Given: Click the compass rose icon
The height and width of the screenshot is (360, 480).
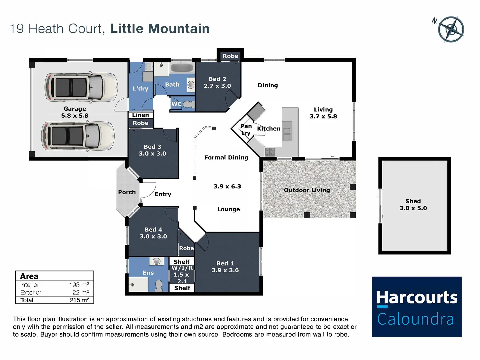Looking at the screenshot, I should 451,29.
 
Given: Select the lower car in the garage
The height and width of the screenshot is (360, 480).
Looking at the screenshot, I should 78,136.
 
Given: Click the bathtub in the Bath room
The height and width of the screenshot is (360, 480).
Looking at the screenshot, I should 182,68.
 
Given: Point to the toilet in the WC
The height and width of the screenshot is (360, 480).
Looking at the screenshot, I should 189,104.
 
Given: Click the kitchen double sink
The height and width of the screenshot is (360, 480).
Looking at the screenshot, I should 287,131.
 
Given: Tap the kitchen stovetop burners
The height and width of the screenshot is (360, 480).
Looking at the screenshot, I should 270,152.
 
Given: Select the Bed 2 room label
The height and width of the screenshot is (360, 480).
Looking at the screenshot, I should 217,79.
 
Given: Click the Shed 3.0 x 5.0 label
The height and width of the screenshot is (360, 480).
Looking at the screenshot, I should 413,205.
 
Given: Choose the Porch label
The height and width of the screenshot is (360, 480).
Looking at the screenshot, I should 127,192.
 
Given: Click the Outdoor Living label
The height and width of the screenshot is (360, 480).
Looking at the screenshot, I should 307,190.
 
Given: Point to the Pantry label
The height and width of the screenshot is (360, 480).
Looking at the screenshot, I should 246,129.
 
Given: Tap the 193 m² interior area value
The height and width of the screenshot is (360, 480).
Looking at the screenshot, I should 79,285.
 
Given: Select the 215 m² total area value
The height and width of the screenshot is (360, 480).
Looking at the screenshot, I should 79,300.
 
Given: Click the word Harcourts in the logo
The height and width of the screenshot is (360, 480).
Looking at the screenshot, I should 417,297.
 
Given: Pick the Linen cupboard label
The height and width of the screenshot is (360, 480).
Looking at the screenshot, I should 140,115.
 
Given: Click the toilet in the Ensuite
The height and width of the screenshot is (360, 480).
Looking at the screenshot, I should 159,286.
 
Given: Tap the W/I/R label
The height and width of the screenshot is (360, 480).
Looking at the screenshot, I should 182,268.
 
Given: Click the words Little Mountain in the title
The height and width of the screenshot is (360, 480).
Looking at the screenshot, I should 160,29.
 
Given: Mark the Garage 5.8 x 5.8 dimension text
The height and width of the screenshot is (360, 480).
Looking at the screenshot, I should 75,116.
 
